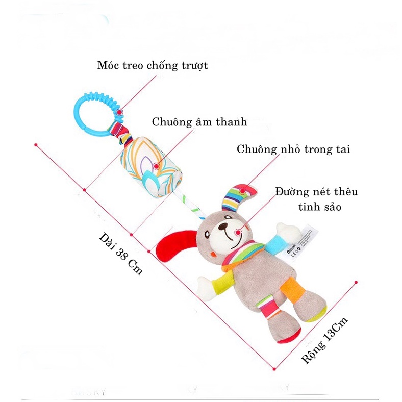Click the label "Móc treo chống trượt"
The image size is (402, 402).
point(153,66)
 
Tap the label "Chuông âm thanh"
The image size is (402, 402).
point(199,122)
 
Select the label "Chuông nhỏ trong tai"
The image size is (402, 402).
point(293,149)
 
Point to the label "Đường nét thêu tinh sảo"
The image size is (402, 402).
point(316,199)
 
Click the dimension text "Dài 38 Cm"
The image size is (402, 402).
point(119,253)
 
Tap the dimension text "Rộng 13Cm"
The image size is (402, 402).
point(325,340)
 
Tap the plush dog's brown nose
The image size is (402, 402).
point(223,229)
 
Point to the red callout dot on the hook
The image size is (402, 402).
point(119,112)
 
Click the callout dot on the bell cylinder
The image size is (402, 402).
point(156,165)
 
